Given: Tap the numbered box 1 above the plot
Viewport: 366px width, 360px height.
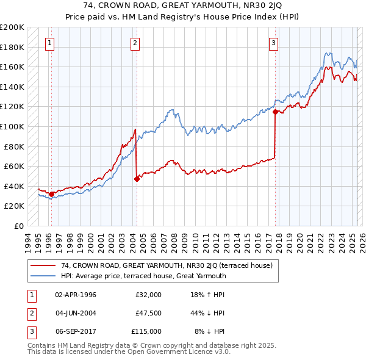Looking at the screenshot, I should pyautogui.click(x=49, y=43).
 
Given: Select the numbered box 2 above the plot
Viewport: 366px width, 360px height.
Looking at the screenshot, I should pyautogui.click(x=135, y=43).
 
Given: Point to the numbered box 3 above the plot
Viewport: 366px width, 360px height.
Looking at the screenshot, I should pyautogui.click(x=274, y=43).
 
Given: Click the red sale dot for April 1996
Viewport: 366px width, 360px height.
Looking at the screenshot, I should pyautogui.click(x=52, y=194).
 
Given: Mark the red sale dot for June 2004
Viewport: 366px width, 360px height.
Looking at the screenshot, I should pyautogui.click(x=137, y=179).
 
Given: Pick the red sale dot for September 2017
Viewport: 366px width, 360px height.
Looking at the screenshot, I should pyautogui.click(x=275, y=112).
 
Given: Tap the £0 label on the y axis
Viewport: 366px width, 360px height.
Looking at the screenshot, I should pyautogui.click(x=18, y=226).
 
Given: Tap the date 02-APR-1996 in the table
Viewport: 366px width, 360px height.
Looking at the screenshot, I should pyautogui.click(x=76, y=295).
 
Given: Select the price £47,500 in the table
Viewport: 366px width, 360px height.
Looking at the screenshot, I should pyautogui.click(x=149, y=314).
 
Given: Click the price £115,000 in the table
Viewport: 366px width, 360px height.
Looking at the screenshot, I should pyautogui.click(x=147, y=332).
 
